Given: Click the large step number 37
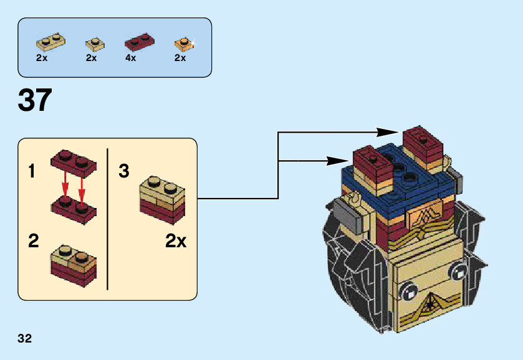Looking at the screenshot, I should coord(35,100).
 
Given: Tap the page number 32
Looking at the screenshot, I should coord(25,339).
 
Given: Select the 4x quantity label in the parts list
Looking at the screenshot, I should coord(130,58).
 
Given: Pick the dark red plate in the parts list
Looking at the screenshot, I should coord(140,42).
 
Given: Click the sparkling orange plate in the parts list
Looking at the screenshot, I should coord(182,44).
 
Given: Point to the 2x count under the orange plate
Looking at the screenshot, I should coord(180,58).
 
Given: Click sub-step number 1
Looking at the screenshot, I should coord(32,171).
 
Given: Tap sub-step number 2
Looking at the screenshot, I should coord(34,241).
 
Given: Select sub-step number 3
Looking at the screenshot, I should coord(124,171).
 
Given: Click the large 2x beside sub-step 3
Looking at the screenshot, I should coord(176,241).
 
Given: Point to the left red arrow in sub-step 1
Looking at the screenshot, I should coord(64,184).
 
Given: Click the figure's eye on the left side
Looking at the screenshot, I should coord(409,290).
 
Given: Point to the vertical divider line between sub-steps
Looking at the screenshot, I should coord(108,219).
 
